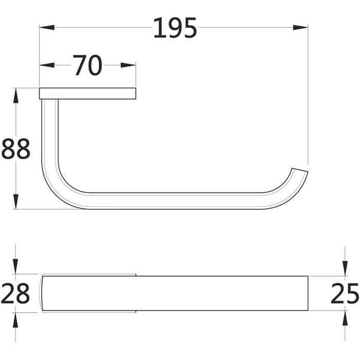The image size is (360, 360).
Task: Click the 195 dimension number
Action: [x=175, y=28]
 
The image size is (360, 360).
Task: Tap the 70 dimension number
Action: [x=87, y=65]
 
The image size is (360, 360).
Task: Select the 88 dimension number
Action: [x=15, y=149]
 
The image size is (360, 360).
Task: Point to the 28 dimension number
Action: [x=15, y=293]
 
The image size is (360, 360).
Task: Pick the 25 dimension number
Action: [x=344, y=293]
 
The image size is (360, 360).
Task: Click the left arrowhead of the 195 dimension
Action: [x=47, y=28]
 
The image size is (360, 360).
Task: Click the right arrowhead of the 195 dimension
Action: [x=300, y=28]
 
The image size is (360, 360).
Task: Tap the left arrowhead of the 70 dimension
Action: [x=47, y=65]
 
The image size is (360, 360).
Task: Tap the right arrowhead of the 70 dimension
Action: [x=129, y=65]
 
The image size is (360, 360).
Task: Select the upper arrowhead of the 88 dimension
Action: [x=15, y=95]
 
